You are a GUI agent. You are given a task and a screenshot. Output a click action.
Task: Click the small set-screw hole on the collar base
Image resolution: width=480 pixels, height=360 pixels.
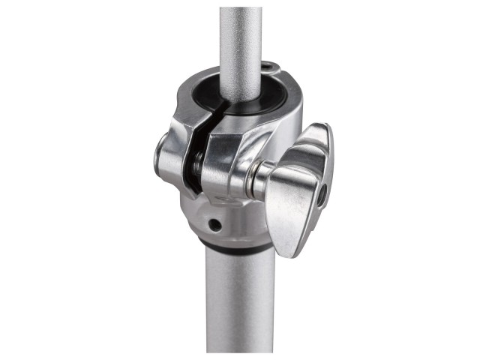(x=215, y=224)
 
